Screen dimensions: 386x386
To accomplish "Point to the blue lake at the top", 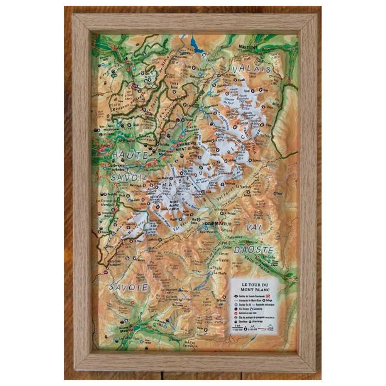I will pyautogui.click(x=196, y=45).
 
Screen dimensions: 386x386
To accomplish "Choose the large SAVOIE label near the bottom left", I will pyautogui.click(x=129, y=287).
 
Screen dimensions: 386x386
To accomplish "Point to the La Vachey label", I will pyautogui.click(x=268, y=187).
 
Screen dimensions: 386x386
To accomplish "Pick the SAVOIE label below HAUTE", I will pyautogui.click(x=129, y=177).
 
